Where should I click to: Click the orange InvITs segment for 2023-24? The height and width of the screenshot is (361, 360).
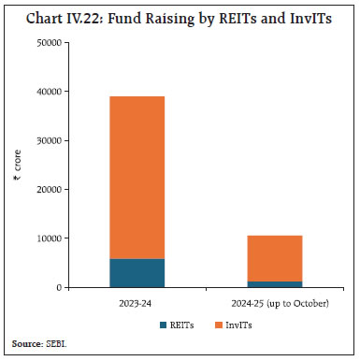(137, 178)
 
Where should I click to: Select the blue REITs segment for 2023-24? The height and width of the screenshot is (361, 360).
(137, 273)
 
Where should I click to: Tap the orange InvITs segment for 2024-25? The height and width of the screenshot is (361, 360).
(274, 258)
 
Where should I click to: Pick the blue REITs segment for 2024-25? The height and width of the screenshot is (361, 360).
(274, 284)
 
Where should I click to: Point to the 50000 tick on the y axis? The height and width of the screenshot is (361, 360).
(48, 43)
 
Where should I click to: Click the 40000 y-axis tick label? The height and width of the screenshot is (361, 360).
(48, 92)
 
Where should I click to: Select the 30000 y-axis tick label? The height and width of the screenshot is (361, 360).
(48, 141)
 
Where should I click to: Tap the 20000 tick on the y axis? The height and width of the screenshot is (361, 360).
(48, 190)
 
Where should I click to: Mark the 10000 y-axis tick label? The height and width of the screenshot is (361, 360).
(48, 238)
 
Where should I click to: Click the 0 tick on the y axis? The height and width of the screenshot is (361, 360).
(59, 288)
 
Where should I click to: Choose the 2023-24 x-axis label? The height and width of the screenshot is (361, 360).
(137, 303)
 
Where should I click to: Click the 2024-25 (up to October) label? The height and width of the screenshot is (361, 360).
(274, 303)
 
